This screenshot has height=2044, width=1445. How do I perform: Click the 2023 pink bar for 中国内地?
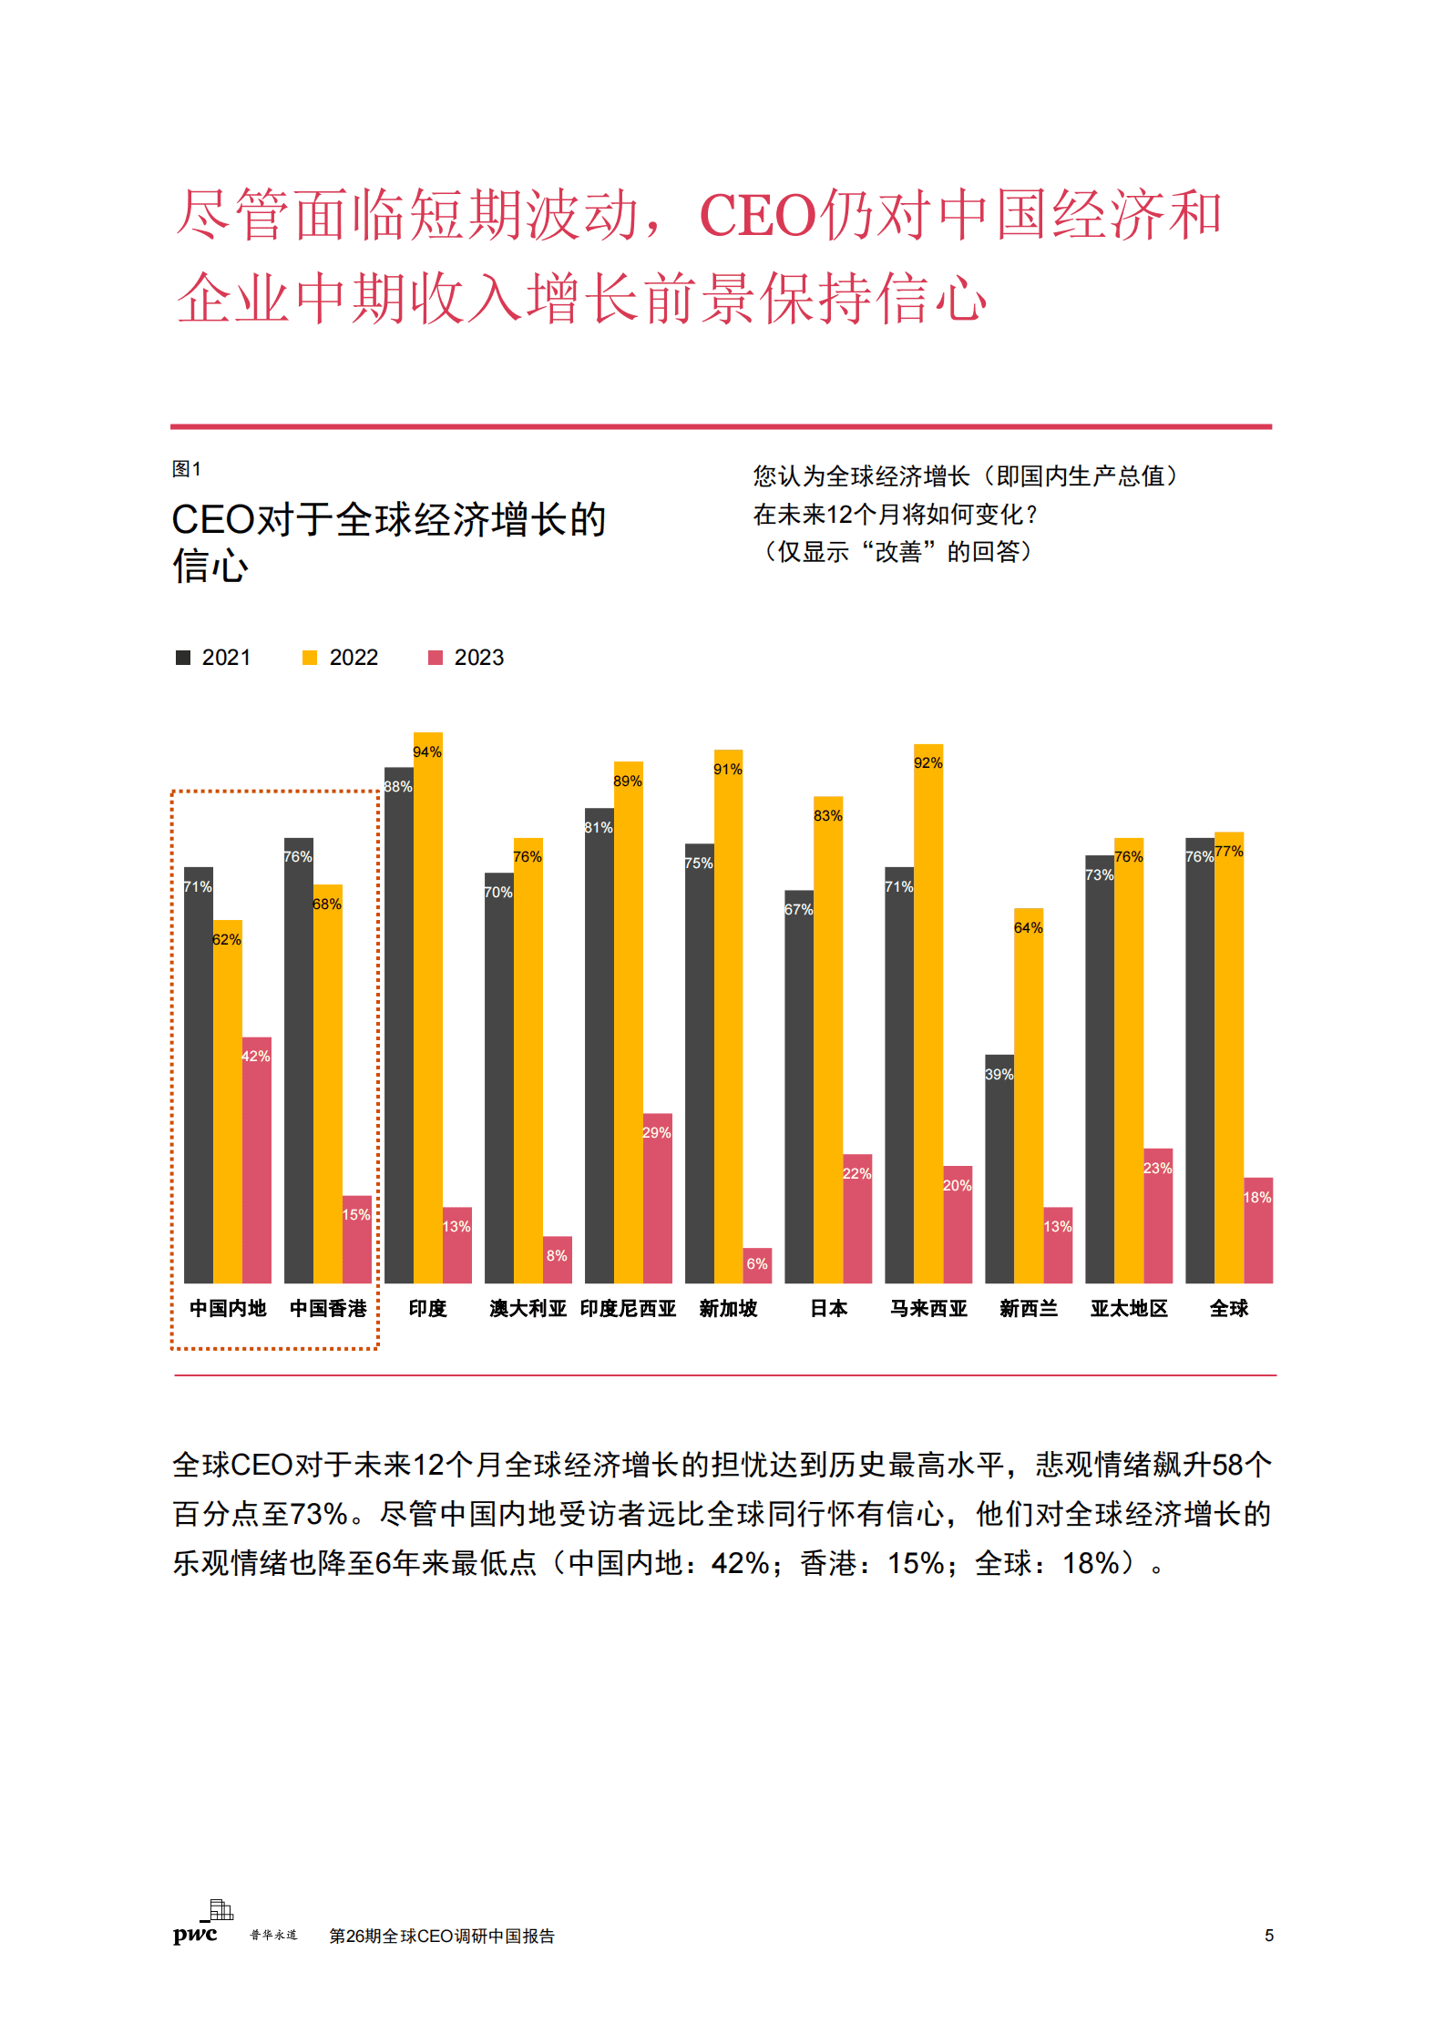coord(256,1161)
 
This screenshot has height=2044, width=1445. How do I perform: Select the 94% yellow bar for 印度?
coord(427,1007)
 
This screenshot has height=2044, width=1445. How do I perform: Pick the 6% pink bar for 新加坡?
coord(757,1265)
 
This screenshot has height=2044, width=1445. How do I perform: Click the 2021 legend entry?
coord(214,658)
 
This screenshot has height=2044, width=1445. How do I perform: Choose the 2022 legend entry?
coord(341,658)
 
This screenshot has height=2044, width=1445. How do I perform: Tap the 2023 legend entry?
coord(466,658)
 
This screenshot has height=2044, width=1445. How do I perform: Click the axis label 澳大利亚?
coord(528,1309)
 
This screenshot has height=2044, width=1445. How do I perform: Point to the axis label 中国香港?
coord(328,1309)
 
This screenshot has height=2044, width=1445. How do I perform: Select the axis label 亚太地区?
coord(1129,1309)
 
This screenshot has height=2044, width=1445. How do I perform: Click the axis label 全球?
coord(1228,1309)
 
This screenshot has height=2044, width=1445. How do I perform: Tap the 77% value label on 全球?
coord(1228,852)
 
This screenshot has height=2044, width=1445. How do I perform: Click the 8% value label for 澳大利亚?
coord(557,1256)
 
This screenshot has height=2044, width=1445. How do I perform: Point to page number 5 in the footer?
coord(1268,1936)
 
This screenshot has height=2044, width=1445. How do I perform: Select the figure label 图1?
coord(187,469)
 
